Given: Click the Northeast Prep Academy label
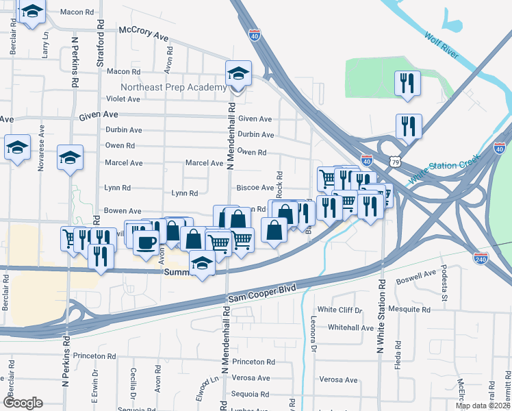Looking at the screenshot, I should (x=173, y=88).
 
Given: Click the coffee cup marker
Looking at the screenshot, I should (x=145, y=243).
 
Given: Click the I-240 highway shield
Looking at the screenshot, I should (x=481, y=258).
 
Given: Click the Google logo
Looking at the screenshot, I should (x=23, y=403).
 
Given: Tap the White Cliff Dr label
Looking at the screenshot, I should (x=340, y=310).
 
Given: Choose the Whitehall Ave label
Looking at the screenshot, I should (x=351, y=328).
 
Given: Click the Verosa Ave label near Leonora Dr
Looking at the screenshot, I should (x=338, y=379).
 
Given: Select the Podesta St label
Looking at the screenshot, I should (x=444, y=284).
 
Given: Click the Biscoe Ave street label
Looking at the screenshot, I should (x=255, y=187).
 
